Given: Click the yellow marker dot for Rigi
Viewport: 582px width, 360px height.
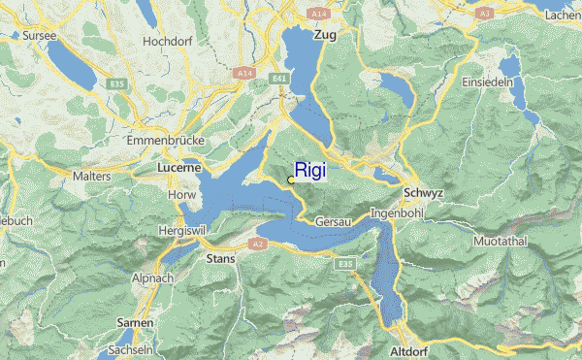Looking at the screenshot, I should point(291,180).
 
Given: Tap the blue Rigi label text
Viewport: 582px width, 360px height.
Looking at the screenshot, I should point(310,170).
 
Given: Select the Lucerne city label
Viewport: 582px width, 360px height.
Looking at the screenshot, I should point(178,168).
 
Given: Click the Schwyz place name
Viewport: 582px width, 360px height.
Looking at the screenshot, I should point(423,193).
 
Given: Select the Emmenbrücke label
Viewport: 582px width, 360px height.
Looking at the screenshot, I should point(165,141).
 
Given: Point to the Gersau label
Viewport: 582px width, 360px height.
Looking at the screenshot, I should point(334,221).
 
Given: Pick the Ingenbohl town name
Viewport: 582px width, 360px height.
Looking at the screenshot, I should point(398,212).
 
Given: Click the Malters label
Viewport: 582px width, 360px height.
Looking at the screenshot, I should point(92,177).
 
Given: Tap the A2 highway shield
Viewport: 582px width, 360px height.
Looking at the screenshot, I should point(258,244).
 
